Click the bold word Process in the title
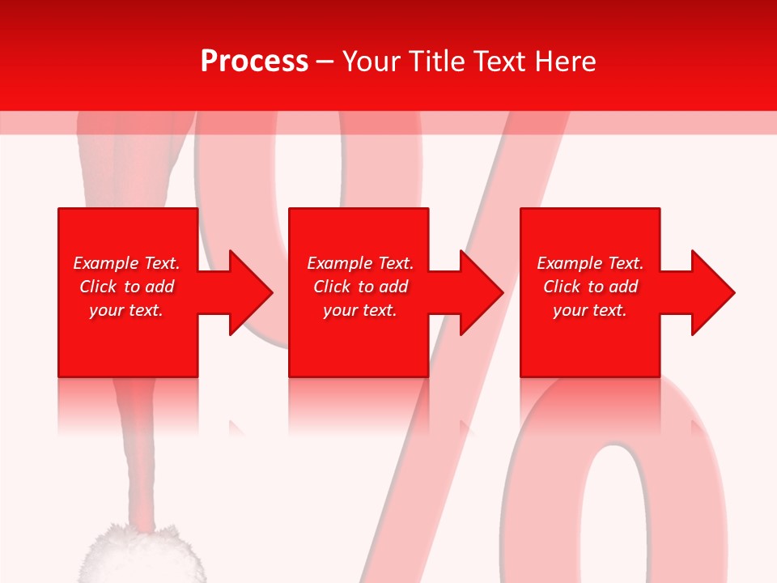point(254,62)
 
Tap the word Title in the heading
point(439,62)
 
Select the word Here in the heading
point(566,62)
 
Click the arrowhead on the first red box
point(246,292)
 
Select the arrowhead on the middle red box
point(477,292)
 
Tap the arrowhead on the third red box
point(708,292)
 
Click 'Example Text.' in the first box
point(126,263)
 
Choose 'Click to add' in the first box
point(126,287)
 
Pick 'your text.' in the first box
point(126,310)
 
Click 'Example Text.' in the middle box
point(360,263)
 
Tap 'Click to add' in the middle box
point(360,287)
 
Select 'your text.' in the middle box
point(360,310)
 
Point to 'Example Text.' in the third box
point(590,263)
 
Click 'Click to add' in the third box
point(590,287)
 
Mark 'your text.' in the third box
point(590,310)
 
